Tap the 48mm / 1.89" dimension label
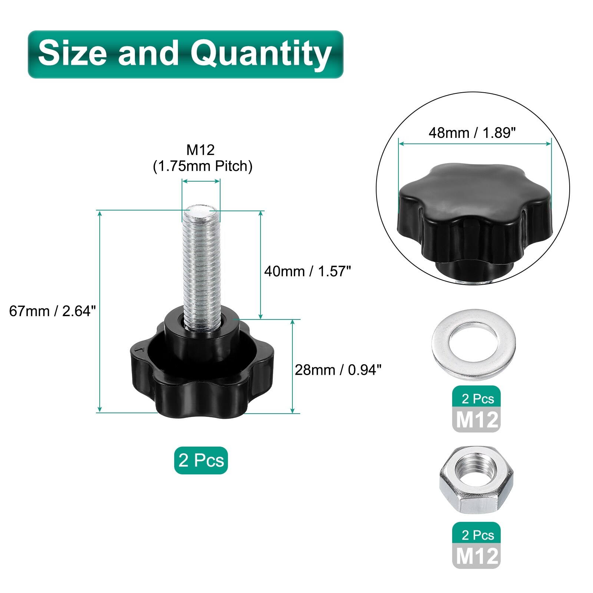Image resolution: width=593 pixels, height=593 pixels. click(472, 132)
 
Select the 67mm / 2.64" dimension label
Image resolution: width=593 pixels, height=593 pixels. click(52, 311)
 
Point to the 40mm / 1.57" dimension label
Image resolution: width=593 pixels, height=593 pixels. click(307, 271)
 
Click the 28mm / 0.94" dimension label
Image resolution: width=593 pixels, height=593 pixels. click(338, 370)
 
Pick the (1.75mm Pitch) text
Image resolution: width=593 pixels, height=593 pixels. click(202, 166)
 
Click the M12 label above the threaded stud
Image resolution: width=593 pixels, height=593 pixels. click(201, 150)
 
